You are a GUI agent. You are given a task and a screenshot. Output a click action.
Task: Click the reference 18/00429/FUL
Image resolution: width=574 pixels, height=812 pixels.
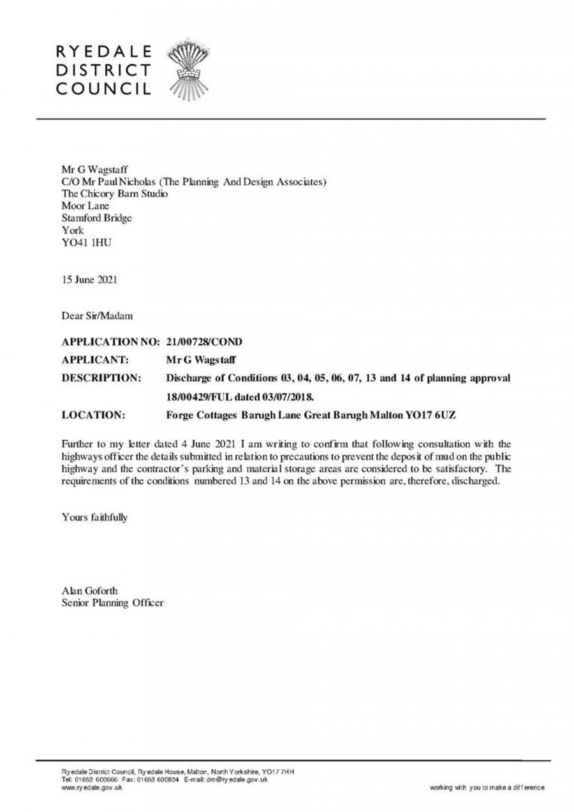pyautogui.click(x=202, y=397)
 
